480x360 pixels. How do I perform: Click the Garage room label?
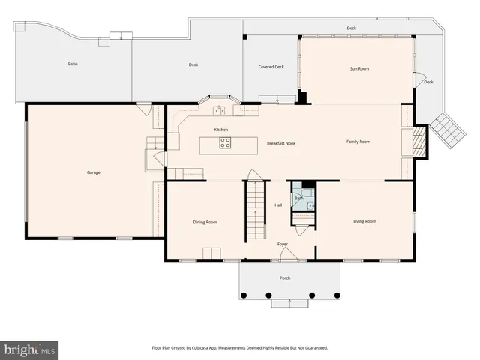(93, 172)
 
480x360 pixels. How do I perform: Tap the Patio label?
(73, 64)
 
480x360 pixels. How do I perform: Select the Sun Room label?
(359, 68)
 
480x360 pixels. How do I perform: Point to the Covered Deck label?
(271, 67)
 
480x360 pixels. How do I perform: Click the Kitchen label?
(220, 130)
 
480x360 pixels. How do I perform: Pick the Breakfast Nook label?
(281, 142)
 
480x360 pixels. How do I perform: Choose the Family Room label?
(358, 141)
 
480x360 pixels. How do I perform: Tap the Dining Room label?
(205, 221)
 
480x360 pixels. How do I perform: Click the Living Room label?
(364, 221)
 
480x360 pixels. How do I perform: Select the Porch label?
(285, 278)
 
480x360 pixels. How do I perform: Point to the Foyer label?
(283, 244)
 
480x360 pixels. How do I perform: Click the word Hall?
(277, 205)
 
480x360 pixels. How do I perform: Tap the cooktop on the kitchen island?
(224, 142)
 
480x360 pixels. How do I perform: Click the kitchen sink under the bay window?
(218, 111)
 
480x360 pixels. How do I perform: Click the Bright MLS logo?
(30, 349)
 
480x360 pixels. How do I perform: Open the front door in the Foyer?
(286, 256)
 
